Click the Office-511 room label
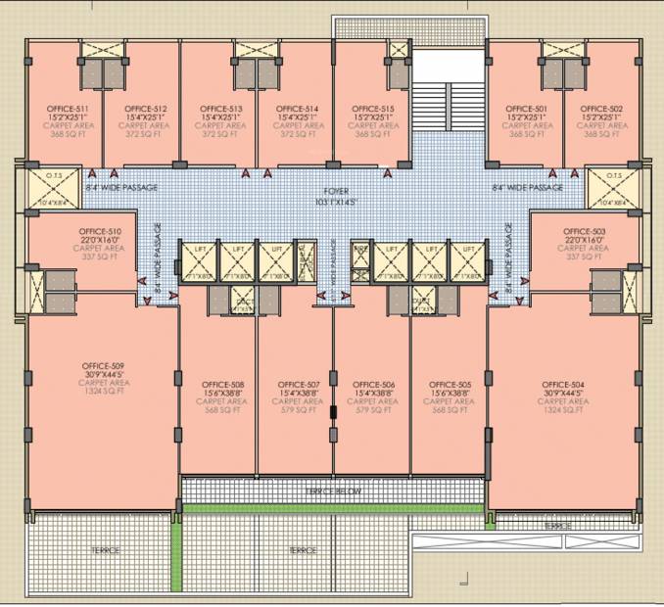pos(68,108)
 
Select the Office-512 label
pos(145,108)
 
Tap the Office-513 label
pos(221,108)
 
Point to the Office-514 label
pos(298,108)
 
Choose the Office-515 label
pos(374,108)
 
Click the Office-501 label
pos(527,108)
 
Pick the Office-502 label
pos(602,108)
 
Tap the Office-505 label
pos(451,384)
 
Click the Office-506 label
pos(374,384)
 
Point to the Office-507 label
pos(299,384)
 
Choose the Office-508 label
pos(222,384)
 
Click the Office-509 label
pos(104,366)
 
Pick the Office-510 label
pos(100,232)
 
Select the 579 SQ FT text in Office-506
pos(374,410)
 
